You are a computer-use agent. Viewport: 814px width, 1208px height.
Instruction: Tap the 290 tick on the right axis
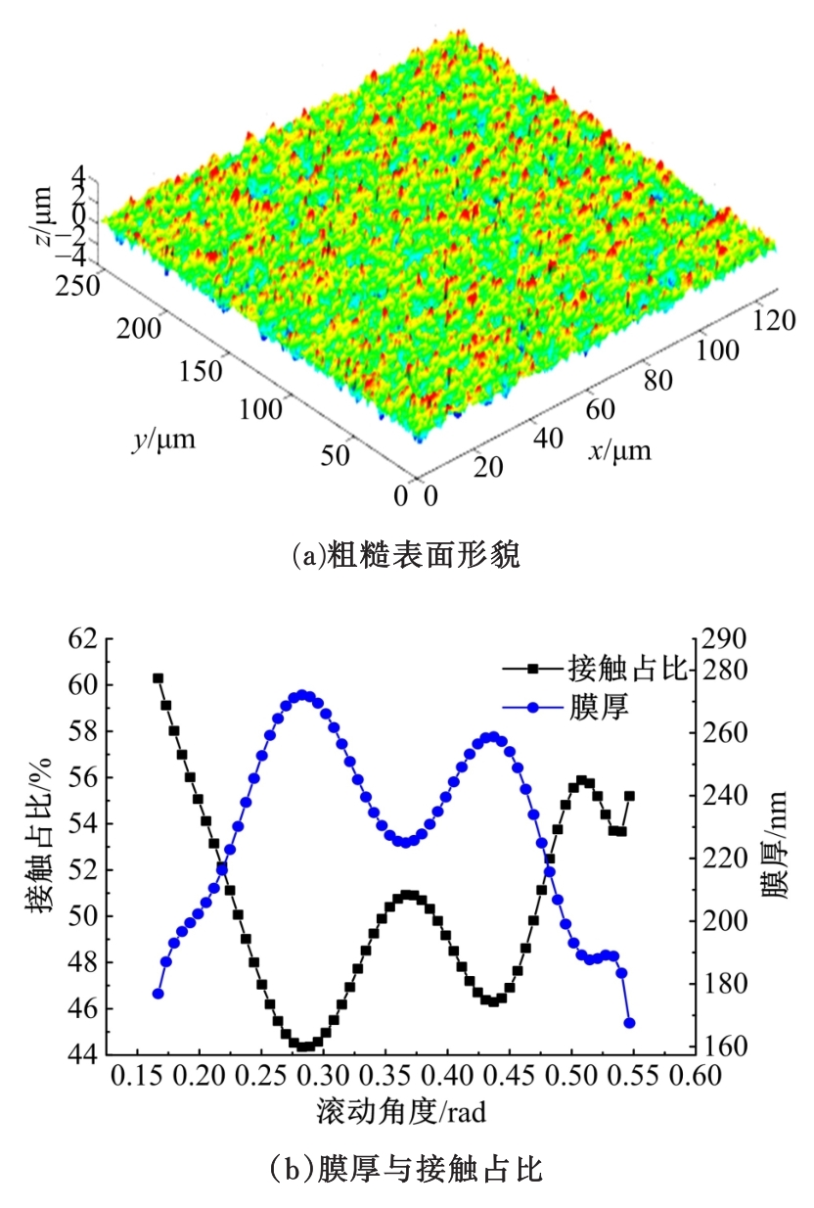pyautogui.click(x=721, y=639)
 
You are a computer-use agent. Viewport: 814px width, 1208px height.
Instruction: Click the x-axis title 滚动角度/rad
pyautogui.click(x=402, y=1113)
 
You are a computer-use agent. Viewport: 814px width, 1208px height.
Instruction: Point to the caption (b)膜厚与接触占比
pyautogui.click(x=406, y=1169)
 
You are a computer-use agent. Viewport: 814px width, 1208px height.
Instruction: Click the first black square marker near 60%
pyautogui.click(x=158, y=677)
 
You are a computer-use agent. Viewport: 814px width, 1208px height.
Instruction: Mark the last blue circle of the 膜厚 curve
pyautogui.click(x=629, y=1023)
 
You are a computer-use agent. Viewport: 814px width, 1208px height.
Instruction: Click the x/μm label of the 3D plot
pyautogui.click(x=618, y=451)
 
